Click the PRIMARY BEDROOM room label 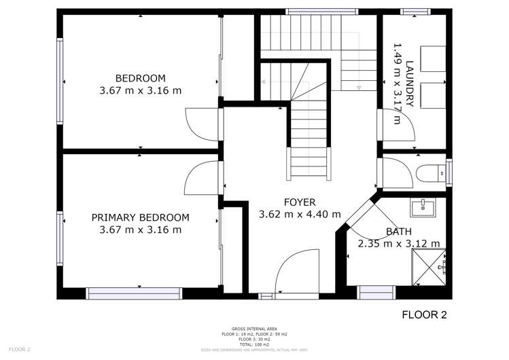(140, 217)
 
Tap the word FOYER (300, 202)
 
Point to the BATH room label (399, 232)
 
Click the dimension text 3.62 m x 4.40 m (300, 214)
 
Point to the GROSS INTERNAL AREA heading (254, 329)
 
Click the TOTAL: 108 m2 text (254, 344)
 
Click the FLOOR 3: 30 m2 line (254, 340)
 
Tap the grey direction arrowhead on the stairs (358, 88)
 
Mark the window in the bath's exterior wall (376, 293)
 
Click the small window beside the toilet (449, 172)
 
